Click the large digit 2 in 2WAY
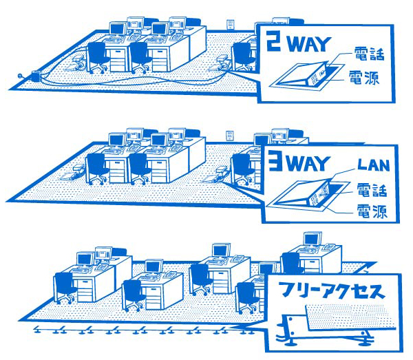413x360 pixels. click(x=274, y=41)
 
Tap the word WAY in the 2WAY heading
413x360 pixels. click(x=308, y=44)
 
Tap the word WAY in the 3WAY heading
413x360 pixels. click(x=308, y=164)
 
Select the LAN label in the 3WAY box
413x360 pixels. click(x=374, y=165)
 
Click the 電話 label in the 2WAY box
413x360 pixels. click(x=369, y=54)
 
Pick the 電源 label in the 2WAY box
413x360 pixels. click(x=364, y=77)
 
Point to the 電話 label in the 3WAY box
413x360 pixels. click(x=372, y=190)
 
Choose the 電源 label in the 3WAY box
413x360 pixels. click(x=372, y=211)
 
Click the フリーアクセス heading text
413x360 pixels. click(x=332, y=290)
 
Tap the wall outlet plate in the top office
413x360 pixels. click(x=231, y=24)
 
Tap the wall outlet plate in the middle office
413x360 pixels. click(x=230, y=136)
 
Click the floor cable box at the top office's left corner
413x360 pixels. click(x=36, y=76)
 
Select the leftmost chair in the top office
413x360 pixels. click(x=97, y=57)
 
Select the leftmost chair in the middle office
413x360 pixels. click(x=96, y=169)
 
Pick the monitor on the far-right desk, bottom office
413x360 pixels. click(x=313, y=240)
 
